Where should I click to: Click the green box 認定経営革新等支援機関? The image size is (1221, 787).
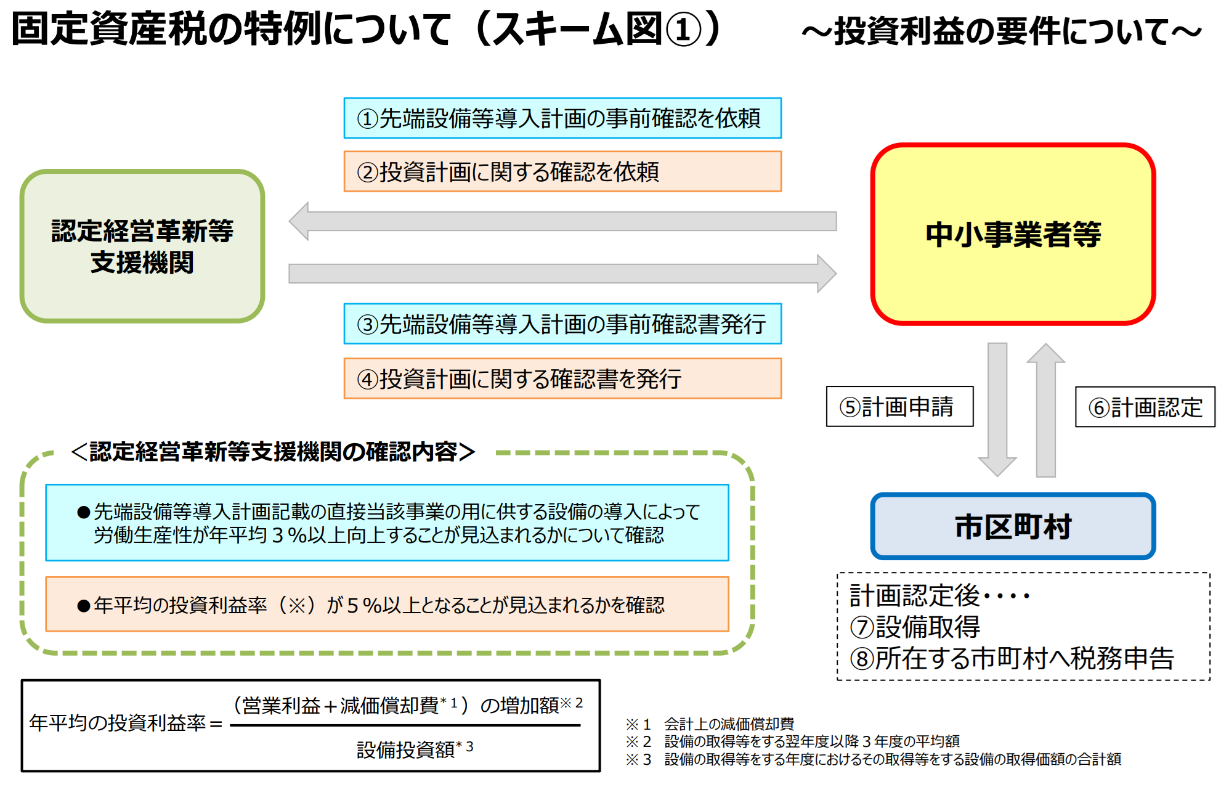142,247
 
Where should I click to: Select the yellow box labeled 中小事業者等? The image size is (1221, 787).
1013,234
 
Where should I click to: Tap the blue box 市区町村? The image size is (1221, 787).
1013,526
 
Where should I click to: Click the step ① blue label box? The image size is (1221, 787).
562,118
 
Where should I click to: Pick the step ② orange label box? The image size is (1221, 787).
562,171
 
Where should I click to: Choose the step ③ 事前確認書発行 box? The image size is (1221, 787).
562,324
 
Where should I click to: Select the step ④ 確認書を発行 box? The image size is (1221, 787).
562,378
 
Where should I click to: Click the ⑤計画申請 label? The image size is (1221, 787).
899,407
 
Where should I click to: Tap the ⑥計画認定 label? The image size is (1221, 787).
1145,407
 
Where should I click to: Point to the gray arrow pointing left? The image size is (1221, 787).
562,221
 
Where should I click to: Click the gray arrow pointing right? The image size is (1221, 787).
562,274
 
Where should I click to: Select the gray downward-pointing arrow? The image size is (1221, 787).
997,407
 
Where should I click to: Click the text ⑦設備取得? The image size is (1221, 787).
915,627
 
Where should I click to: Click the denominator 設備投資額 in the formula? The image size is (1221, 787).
407,749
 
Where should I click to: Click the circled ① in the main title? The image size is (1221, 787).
683,30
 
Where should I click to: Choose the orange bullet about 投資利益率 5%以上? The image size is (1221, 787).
387,605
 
